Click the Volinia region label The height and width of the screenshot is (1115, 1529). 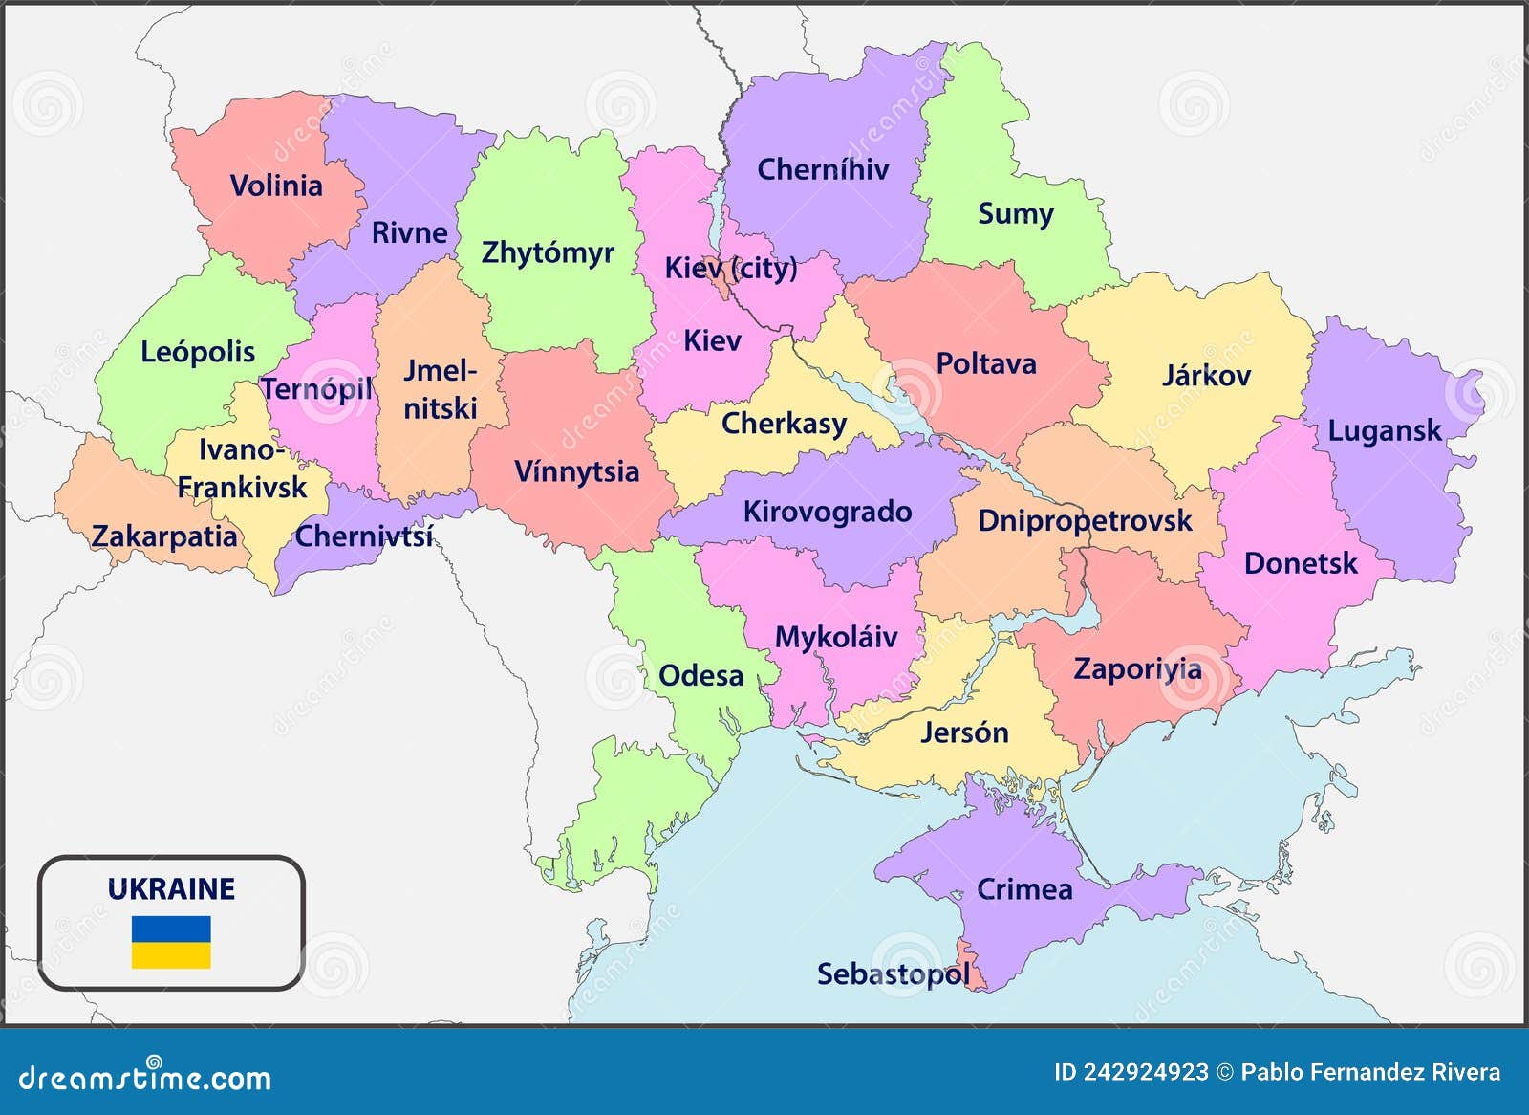276,185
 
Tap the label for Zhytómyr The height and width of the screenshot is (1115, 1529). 547,252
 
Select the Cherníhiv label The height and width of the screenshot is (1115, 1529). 823,169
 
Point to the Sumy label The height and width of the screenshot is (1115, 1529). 1015,213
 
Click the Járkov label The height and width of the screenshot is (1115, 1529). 1206,375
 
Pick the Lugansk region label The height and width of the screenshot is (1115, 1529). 1384,430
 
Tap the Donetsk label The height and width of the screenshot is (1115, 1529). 1300,562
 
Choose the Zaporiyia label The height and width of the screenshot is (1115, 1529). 1137,668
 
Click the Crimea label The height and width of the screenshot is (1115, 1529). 1024,889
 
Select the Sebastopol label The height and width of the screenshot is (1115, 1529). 893,973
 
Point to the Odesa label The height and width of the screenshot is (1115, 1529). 700,675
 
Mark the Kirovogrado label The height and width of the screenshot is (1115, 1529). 827,512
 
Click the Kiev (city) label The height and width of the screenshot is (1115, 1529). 731,268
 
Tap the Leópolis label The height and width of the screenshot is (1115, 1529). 198,352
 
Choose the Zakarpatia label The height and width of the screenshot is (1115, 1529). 164,536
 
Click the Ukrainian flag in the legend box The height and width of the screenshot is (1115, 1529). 171,942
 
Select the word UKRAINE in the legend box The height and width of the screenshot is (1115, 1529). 171,888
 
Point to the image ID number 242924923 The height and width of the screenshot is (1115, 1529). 1145,1073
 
